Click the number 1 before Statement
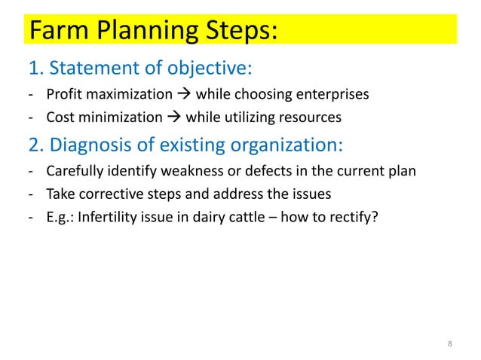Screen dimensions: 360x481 [x=33, y=70]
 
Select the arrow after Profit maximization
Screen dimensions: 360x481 [x=183, y=95]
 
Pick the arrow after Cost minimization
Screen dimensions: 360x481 [x=173, y=117]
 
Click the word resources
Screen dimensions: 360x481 [x=313, y=117]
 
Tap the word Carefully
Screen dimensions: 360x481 [x=72, y=170]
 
